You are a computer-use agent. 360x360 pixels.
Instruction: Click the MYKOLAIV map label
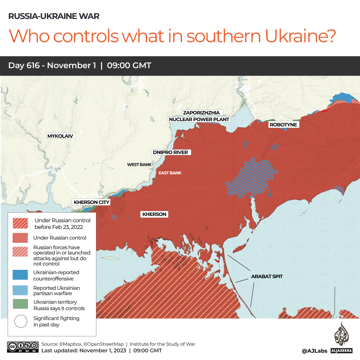pos(60,136)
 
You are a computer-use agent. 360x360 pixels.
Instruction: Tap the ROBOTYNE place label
pos(283,125)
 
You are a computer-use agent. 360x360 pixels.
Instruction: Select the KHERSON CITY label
pos(91,202)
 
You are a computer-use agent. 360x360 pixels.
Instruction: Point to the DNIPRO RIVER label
pos(170,152)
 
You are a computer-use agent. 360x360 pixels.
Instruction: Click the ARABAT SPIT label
pos(267,276)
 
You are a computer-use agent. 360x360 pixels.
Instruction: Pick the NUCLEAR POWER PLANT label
pos(199,119)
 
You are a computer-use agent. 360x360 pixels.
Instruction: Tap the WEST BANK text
pos(139,165)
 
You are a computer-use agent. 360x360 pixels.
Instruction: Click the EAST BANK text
pos(170,173)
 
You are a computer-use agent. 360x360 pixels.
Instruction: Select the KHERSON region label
pos(154,214)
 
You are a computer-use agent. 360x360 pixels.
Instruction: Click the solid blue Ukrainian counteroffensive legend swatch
pos(20,275)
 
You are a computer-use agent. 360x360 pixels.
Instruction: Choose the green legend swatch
pos(20,305)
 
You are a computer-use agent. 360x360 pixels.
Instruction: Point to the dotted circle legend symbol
pos(20,321)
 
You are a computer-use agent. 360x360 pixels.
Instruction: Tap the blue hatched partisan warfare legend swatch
pos(20,290)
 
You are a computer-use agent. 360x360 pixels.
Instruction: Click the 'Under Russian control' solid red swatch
pos(20,238)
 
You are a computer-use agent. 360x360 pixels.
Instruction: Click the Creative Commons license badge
pos(22,347)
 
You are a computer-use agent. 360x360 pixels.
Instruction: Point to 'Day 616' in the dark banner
pos(25,66)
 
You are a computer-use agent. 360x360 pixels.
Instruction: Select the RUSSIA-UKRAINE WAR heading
pos(54,16)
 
